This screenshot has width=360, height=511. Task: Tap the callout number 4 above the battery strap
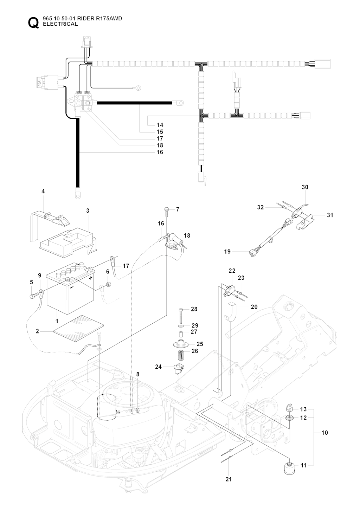[43, 192]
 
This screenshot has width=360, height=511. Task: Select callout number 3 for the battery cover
[88, 211]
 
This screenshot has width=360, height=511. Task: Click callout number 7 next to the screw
[178, 209]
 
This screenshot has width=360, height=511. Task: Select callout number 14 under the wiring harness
[160, 125]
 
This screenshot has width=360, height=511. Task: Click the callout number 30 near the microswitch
[305, 187]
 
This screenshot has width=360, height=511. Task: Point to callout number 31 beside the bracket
[330, 215]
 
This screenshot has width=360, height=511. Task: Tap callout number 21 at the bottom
[229, 479]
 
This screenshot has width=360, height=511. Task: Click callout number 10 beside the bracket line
[324, 432]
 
